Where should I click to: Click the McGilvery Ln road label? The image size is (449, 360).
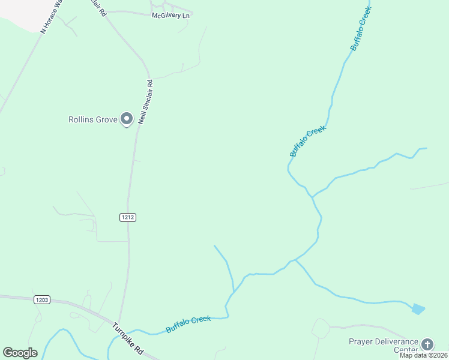(x=171, y=15)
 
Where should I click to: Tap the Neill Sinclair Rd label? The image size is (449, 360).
(x=146, y=102)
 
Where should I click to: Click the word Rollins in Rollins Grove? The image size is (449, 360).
(x=82, y=119)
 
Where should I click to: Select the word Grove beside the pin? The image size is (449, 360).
(x=107, y=119)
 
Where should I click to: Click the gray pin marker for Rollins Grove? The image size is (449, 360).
(x=126, y=119)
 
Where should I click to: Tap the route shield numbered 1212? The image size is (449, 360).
(x=127, y=217)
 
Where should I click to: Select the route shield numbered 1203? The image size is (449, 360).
(x=42, y=299)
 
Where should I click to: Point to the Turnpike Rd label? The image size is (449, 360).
(x=128, y=338)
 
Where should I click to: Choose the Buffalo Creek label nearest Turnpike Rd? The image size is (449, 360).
(x=188, y=324)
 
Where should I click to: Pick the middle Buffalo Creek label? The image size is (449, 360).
(x=307, y=141)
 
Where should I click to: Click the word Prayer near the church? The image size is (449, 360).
(x=361, y=342)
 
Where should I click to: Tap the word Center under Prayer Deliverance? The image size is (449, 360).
(x=406, y=350)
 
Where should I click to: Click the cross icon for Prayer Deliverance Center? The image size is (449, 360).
(x=427, y=344)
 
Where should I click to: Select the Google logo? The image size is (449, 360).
(x=20, y=353)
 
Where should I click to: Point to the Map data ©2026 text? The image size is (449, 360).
(x=424, y=355)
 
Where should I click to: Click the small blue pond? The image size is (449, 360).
(x=418, y=309)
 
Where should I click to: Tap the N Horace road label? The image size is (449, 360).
(x=52, y=17)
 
